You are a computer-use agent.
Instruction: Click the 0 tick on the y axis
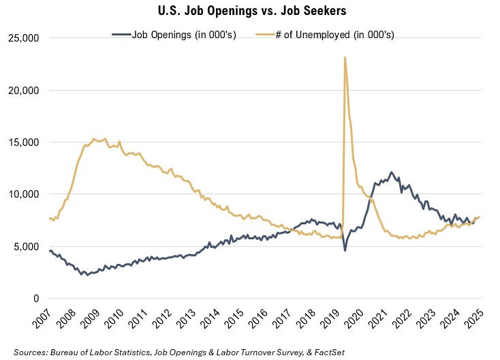[35, 299]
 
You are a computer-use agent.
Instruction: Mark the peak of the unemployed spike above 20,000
[345, 58]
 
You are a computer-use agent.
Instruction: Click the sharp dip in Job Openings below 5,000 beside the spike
[345, 250]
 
